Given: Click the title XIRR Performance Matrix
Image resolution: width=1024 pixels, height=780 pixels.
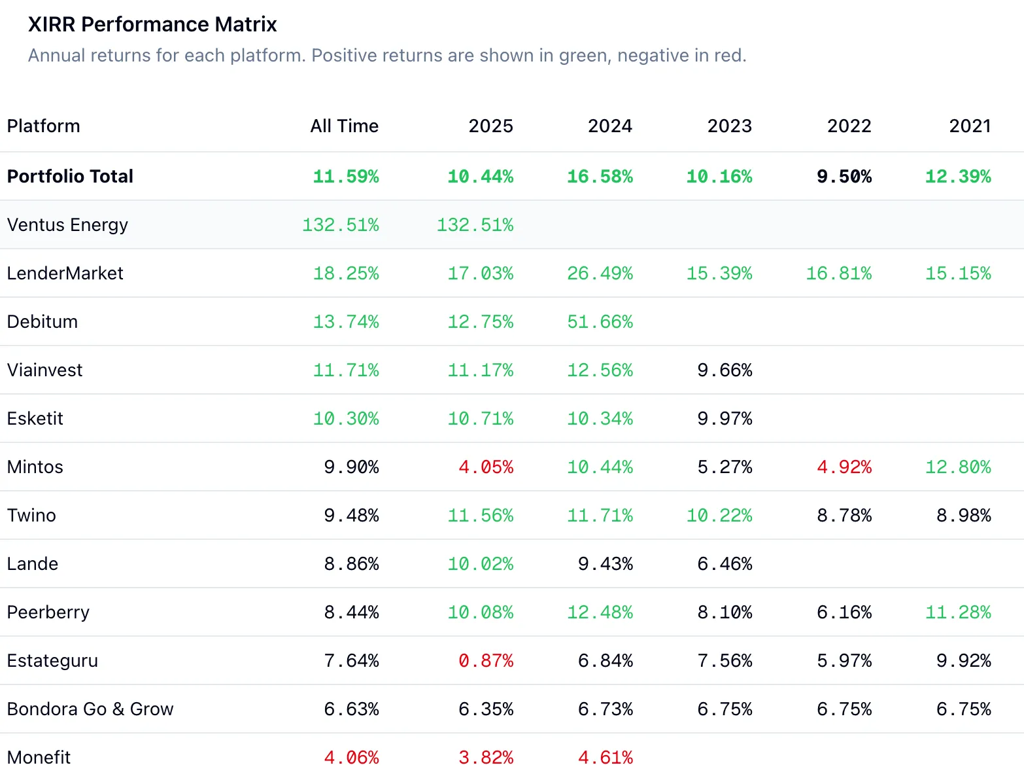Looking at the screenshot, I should [152, 24].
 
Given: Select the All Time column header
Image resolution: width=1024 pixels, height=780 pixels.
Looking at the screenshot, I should [344, 126].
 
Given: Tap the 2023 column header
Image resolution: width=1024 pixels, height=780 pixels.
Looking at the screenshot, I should [729, 126].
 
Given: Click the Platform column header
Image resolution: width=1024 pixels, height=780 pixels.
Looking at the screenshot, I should [43, 126].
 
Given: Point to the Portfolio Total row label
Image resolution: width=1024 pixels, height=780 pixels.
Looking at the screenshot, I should [70, 176].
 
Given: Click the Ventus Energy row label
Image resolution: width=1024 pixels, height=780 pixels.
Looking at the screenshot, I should [67, 224].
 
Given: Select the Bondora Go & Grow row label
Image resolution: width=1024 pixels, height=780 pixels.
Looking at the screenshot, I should [90, 709].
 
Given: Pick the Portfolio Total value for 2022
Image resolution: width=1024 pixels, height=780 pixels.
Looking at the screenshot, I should [844, 176].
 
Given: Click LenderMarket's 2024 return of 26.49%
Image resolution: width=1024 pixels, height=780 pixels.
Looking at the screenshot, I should [600, 273].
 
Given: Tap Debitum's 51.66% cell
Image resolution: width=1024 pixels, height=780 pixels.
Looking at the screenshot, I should [600, 321].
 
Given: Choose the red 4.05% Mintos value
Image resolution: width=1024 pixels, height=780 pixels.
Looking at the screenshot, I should [485, 467].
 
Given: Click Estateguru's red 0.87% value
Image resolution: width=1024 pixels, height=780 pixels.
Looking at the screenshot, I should [485, 660].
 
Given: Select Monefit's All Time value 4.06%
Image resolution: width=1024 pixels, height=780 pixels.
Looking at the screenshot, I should [351, 757].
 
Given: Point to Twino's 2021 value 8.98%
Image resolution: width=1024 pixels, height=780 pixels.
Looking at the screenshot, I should [963, 515].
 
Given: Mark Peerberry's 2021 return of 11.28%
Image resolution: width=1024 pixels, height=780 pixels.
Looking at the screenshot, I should [958, 612].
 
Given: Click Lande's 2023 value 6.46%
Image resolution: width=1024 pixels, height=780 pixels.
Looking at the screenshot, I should [725, 563].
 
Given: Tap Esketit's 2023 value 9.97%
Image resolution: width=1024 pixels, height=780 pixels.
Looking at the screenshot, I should [725, 418].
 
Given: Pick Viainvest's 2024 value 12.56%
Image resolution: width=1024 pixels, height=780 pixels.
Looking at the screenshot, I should [600, 370].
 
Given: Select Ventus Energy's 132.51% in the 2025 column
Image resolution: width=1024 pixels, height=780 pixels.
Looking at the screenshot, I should [475, 224].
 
